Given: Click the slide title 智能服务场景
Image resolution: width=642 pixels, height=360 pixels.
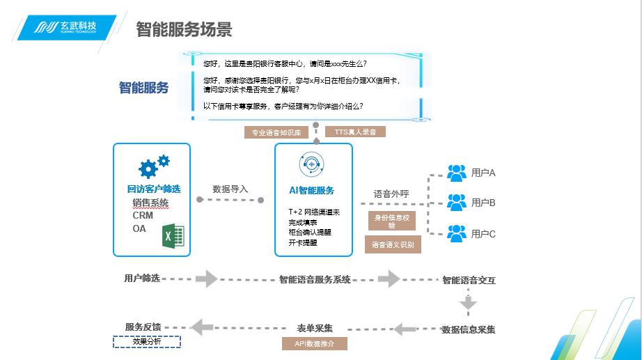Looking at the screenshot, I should pyautogui.click(x=184, y=29).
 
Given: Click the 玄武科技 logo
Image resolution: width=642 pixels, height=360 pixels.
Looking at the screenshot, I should pyautogui.click(x=66, y=28).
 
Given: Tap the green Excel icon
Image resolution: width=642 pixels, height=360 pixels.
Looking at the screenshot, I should pyautogui.click(x=173, y=235).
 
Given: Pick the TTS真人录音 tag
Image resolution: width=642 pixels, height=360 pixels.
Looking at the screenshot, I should pyautogui.click(x=355, y=132).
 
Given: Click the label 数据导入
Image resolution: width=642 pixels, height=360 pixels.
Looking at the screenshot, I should pyautogui.click(x=230, y=189).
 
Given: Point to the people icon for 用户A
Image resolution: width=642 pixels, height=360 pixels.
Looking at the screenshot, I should pyautogui.click(x=457, y=172).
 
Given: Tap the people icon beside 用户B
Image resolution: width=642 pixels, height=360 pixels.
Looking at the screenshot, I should pyautogui.click(x=457, y=202).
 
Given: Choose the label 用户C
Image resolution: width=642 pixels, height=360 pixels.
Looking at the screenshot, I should pyautogui.click(x=483, y=234).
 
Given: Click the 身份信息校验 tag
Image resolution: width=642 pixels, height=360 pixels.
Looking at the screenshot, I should pyautogui.click(x=391, y=221).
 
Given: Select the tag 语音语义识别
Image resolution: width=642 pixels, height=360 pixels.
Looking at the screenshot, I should pyautogui.click(x=393, y=244).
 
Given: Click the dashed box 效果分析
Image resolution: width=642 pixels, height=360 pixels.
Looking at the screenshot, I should pyautogui.click(x=147, y=342).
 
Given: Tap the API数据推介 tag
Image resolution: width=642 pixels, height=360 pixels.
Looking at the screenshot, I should pyautogui.click(x=315, y=343).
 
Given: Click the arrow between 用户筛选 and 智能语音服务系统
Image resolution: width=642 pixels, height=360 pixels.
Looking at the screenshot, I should pyautogui.click(x=207, y=279).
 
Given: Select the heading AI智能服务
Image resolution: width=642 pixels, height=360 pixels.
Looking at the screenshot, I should pyautogui.click(x=312, y=190).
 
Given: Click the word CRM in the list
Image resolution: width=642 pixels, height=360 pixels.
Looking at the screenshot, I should pyautogui.click(x=143, y=215).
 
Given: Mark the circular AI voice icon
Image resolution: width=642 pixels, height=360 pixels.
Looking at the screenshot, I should pyautogui.click(x=312, y=164).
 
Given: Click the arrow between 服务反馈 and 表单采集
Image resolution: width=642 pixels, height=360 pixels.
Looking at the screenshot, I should pyautogui.click(x=202, y=327).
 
